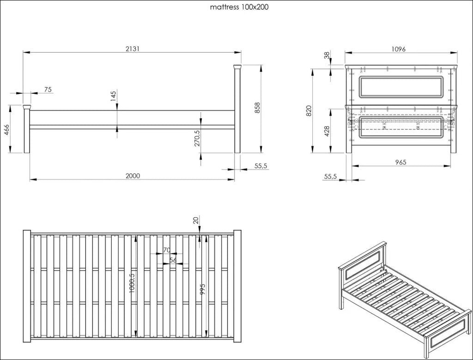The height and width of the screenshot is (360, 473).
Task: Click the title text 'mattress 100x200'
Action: pos(239,7)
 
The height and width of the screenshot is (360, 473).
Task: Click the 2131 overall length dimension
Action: pos(133,49)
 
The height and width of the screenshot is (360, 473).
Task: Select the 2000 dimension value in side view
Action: pos(133,176)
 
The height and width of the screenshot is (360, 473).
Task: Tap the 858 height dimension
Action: pos(257,108)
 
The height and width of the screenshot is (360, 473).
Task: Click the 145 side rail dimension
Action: pos(113,96)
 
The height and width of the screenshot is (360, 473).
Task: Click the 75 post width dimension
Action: pos(48,90)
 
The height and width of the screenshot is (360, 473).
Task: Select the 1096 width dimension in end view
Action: pos(399,49)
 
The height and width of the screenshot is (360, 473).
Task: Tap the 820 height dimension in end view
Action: pos(309,111)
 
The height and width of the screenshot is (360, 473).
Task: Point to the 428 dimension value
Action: pos(327,132)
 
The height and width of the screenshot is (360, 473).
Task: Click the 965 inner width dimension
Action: pos(400,162)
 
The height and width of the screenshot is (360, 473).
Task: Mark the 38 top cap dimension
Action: pos(327,55)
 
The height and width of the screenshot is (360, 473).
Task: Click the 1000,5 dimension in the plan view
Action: pos(132,283)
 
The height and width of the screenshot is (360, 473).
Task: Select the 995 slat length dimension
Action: pos(202,289)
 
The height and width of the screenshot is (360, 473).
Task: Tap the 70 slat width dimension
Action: pos(167,250)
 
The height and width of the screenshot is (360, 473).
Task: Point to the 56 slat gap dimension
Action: pos(173,260)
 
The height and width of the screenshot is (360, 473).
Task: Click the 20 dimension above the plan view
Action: pos(196,220)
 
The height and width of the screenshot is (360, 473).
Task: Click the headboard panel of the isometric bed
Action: pos(363,263)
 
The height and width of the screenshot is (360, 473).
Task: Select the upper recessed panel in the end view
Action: pos(401,87)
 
